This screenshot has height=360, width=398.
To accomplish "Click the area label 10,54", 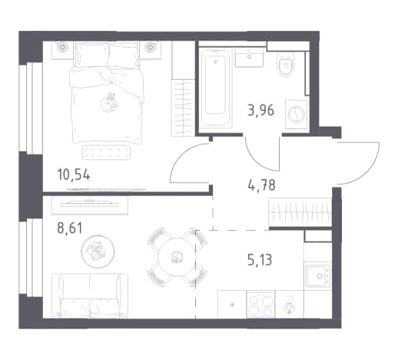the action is [x=74, y=175].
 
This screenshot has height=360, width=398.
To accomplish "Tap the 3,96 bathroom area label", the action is [x=260, y=111].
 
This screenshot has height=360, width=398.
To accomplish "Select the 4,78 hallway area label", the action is [x=261, y=185].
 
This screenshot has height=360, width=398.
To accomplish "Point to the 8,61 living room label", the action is [x=70, y=228].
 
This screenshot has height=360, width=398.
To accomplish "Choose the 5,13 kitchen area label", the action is [x=260, y=259].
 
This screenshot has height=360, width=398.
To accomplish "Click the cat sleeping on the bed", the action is [x=109, y=102].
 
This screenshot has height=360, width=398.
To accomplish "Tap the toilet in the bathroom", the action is [x=286, y=65].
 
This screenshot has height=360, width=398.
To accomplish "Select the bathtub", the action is [x=216, y=88].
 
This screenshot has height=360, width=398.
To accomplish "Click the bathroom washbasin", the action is [x=249, y=57].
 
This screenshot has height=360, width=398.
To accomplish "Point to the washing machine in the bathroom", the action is [x=297, y=114].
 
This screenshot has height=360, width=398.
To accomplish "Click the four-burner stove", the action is [x=260, y=305].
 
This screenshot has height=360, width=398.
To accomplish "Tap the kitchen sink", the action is [x=317, y=275].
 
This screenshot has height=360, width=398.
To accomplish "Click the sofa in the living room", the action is [x=90, y=295].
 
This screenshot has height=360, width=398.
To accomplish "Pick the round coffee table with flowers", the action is [x=98, y=252].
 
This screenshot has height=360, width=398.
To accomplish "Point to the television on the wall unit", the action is [x=90, y=204].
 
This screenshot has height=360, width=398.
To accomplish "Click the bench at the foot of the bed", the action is [x=106, y=152].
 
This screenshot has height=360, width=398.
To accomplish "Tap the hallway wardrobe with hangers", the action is [x=300, y=212].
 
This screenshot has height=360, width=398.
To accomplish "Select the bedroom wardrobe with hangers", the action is [x=183, y=108].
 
